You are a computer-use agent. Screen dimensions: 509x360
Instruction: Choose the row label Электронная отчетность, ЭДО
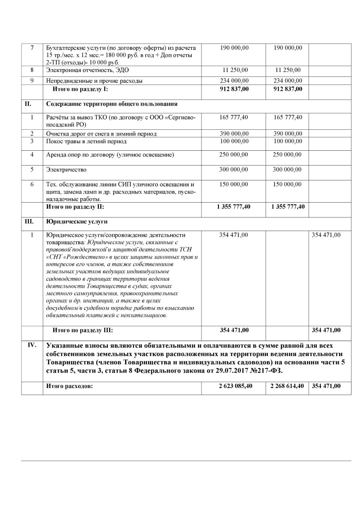click(x=87, y=70)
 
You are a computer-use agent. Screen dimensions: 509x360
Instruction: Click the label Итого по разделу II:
click(x=75, y=207)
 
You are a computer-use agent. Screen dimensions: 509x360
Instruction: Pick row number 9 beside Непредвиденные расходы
click(x=32, y=81)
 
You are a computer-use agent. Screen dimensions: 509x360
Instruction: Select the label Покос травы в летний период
click(x=86, y=141)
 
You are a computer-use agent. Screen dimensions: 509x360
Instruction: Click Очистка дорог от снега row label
click(x=101, y=134)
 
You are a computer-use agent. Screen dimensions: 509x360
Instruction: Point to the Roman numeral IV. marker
click(x=32, y=345)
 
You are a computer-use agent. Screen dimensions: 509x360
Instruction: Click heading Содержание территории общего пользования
click(x=112, y=104)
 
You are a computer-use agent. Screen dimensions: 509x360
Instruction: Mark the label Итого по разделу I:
click(x=80, y=89)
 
